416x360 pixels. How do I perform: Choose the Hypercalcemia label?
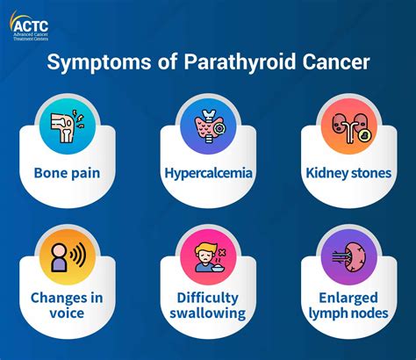pos(208,173)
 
